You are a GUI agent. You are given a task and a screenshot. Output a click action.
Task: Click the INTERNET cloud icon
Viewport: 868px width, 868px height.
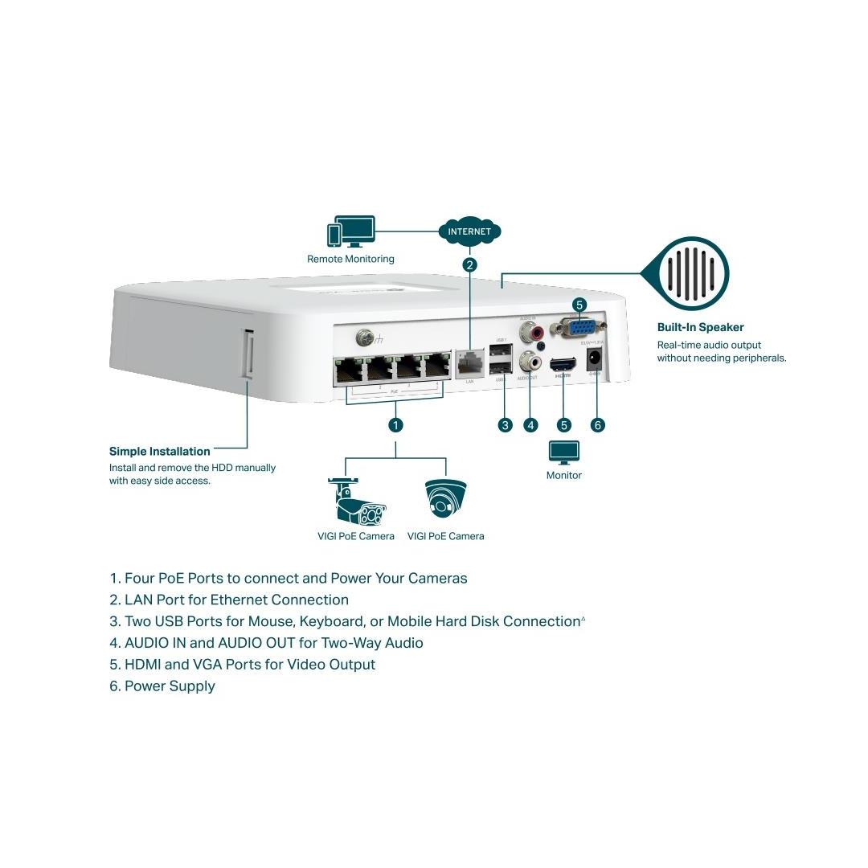tap(469, 231)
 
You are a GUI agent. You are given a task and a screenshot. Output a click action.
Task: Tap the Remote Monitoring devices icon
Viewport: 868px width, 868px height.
tap(350, 231)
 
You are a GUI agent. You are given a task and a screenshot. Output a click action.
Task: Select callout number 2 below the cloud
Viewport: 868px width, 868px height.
tap(470, 264)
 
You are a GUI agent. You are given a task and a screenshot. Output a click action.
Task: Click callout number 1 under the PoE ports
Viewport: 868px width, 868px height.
tap(395, 424)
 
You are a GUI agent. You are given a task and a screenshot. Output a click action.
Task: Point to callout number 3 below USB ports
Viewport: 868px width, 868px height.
tap(505, 424)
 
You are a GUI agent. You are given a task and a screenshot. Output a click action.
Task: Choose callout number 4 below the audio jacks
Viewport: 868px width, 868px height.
tap(530, 424)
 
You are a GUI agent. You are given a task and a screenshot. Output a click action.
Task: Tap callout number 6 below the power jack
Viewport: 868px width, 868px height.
tap(597, 424)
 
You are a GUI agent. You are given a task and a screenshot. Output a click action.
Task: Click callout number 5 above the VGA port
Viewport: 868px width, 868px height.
tap(579, 305)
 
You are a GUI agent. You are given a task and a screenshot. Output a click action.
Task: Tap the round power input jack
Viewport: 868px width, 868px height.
tap(596, 358)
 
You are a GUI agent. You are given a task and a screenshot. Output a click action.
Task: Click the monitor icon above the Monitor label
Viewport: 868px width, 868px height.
tap(563, 452)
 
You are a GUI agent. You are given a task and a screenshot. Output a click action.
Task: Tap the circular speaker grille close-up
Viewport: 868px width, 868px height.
tap(694, 273)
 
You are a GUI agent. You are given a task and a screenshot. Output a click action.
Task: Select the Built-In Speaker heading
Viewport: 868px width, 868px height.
tap(700, 327)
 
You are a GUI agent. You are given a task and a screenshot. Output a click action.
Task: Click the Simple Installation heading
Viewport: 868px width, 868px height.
tap(159, 451)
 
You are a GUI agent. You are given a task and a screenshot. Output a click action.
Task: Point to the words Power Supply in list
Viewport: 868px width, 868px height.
tap(170, 686)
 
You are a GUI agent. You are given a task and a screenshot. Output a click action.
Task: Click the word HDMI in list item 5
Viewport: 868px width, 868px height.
tap(145, 664)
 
